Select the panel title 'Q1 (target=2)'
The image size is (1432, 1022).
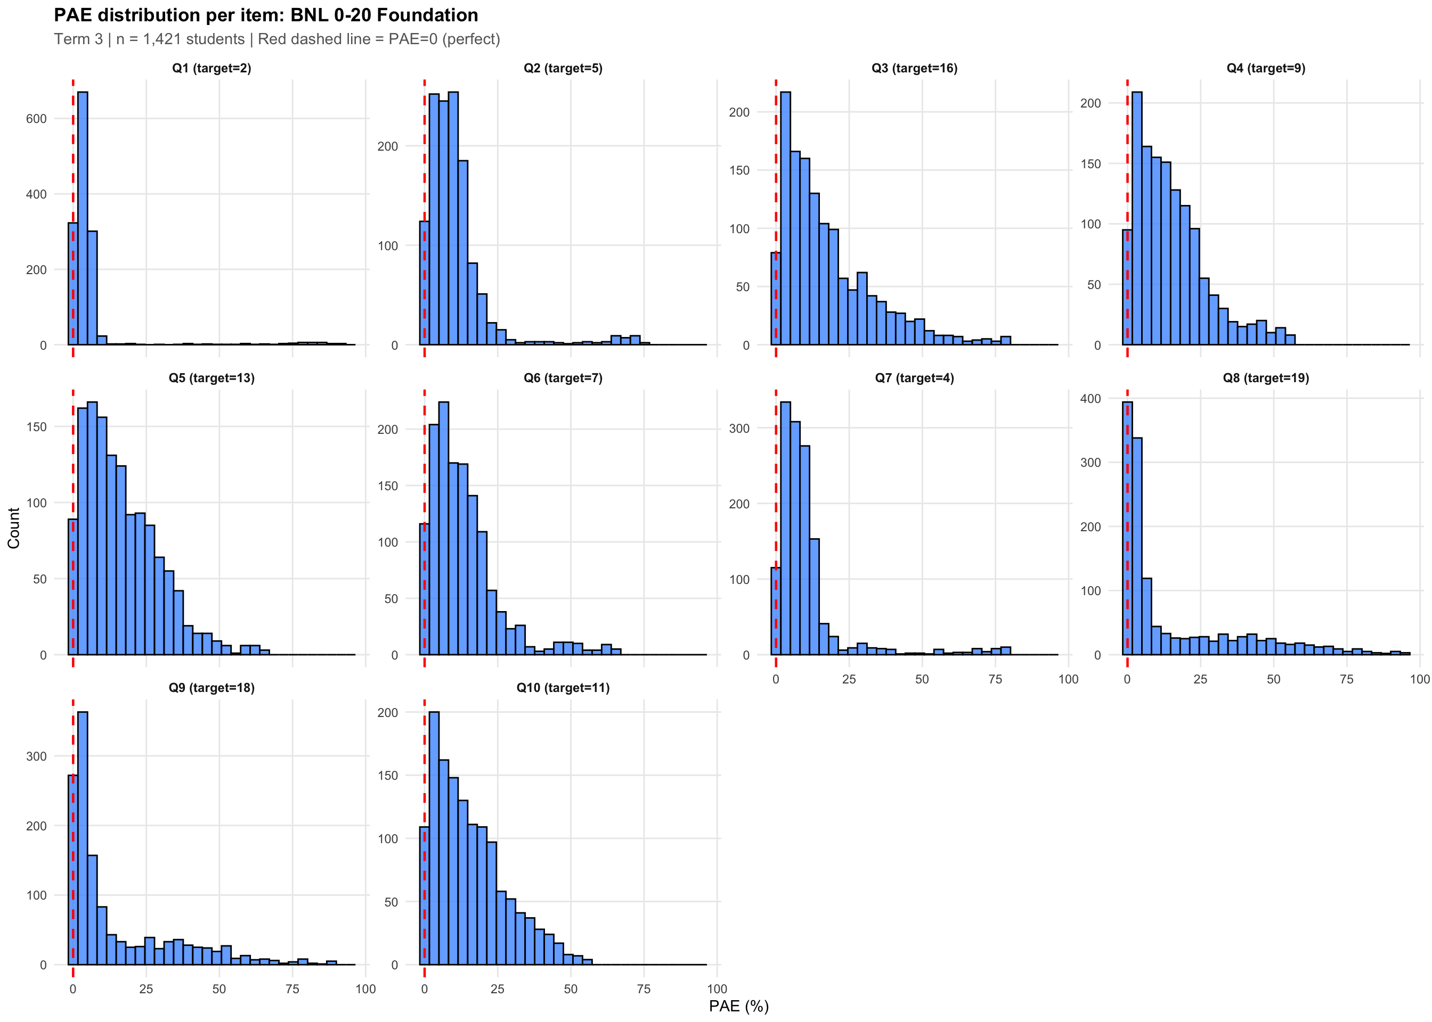[211, 68]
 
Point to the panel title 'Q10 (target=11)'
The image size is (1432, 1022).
[563, 687]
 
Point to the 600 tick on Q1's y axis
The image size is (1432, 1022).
[37, 118]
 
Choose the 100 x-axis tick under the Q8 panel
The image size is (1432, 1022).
[1419, 679]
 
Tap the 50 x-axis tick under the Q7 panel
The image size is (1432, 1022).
[922, 679]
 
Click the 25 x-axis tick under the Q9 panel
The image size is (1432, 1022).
[146, 988]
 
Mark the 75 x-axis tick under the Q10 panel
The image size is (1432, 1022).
[644, 988]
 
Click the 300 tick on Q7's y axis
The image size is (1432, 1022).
[739, 428]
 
